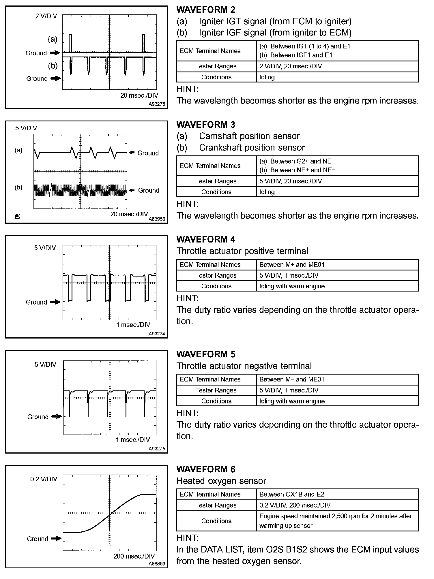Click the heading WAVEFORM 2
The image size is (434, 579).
click(206, 10)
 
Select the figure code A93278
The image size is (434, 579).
click(157, 104)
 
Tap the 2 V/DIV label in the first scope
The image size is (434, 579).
click(46, 16)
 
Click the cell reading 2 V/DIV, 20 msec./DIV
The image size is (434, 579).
click(291, 66)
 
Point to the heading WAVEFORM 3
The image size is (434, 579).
click(206, 125)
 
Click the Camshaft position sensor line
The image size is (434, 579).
click(249, 136)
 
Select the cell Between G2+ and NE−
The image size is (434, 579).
click(297, 161)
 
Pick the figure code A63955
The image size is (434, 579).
click(157, 219)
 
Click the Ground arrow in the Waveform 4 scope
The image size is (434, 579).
click(55, 302)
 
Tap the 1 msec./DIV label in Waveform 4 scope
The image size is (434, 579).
click(133, 325)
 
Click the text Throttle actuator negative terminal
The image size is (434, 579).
click(244, 366)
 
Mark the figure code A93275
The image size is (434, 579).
click(157, 449)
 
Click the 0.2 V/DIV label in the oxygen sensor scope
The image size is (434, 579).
click(44, 479)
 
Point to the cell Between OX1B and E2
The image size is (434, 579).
click(292, 495)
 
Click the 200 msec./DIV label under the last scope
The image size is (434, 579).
click(134, 556)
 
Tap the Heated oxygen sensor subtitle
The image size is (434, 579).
click(221, 481)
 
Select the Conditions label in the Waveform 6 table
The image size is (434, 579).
click(216, 521)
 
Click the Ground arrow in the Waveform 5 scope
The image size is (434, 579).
click(57, 416)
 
